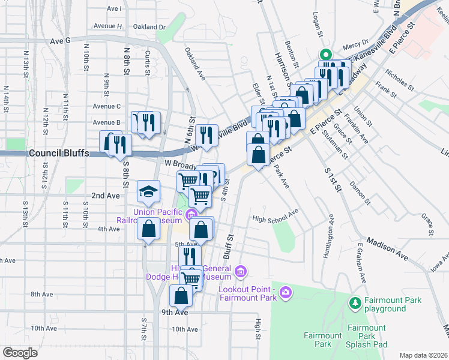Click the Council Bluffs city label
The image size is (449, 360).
[59, 153]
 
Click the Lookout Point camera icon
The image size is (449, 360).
[286, 292]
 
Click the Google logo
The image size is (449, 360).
[20, 353]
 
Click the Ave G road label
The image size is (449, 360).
[61, 40]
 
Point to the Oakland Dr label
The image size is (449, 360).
[149, 27]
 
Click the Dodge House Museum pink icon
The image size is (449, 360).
[241, 272]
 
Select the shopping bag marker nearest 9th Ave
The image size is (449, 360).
[181, 295]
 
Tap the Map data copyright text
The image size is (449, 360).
[423, 355]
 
